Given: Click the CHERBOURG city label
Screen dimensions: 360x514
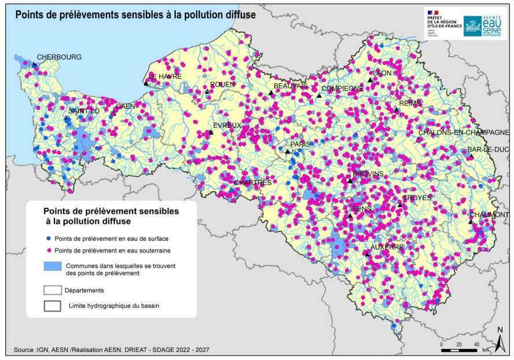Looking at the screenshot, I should (x=59, y=57).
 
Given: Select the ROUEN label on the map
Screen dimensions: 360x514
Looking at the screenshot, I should (x=222, y=85).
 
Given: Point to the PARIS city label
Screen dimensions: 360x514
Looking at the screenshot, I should (x=300, y=144).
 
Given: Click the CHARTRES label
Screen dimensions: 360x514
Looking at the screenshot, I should (x=252, y=182).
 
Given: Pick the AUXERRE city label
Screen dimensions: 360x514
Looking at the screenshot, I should (x=387, y=247).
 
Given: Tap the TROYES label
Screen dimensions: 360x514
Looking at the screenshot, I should (x=417, y=197).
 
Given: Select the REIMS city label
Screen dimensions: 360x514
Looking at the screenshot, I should (x=410, y=103).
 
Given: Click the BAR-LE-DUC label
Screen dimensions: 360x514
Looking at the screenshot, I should (x=487, y=150).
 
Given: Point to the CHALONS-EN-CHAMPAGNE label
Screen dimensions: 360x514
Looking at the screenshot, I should (x=463, y=133).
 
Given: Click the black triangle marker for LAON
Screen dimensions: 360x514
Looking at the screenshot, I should (x=369, y=80).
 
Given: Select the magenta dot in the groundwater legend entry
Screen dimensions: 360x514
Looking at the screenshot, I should (x=49, y=251).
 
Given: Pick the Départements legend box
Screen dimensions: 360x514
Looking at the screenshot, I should (x=52, y=290).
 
